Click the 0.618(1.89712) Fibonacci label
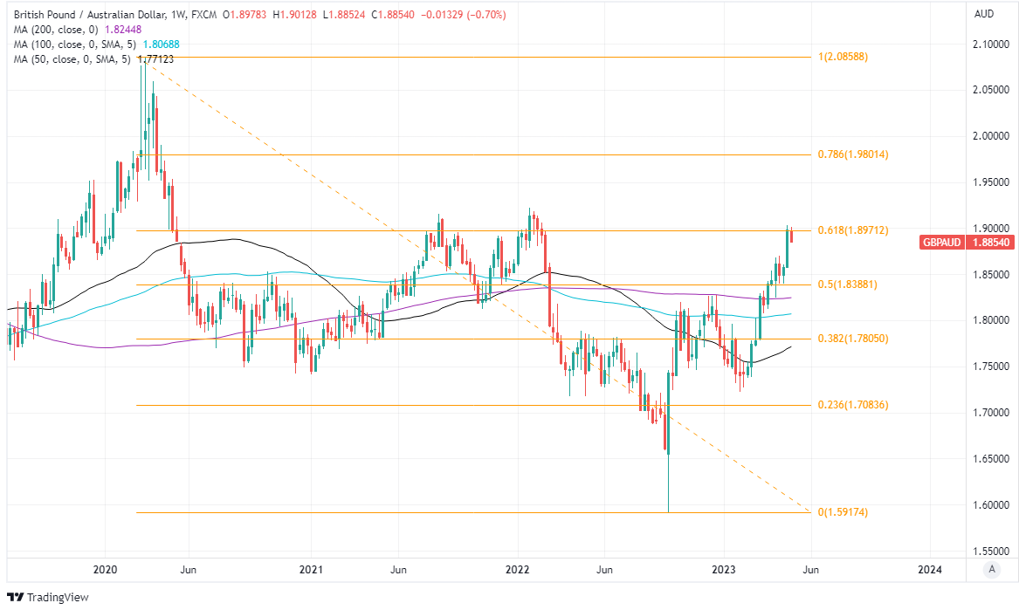point(852,231)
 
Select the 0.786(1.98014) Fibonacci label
point(852,154)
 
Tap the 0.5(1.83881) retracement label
point(847,284)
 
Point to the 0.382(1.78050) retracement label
point(852,339)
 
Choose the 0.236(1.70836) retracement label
point(852,405)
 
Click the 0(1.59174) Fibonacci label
point(843,512)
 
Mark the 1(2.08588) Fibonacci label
point(843,57)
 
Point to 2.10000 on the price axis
point(991,44)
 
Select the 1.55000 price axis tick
point(991,552)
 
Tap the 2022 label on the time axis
point(518,570)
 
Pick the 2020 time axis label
point(105,570)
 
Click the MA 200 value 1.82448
point(123,30)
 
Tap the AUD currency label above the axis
point(983,15)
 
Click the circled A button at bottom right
point(990,570)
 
